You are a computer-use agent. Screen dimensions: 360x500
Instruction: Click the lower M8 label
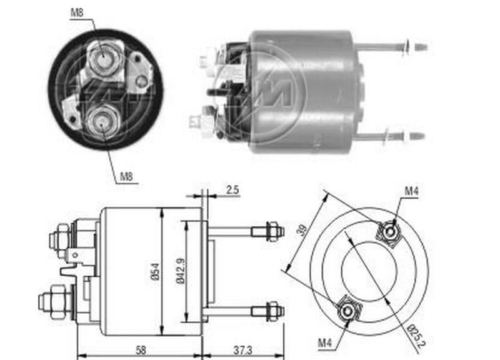click(x=127, y=177)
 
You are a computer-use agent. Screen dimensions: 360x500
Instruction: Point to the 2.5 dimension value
click(x=232, y=188)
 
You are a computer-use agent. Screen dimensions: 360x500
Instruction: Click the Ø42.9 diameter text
click(x=180, y=272)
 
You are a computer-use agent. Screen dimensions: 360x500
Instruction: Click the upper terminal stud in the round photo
click(x=101, y=58)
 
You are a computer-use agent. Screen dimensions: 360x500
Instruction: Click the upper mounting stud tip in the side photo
click(x=420, y=46)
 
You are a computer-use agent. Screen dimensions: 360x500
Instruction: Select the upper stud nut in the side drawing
click(x=272, y=231)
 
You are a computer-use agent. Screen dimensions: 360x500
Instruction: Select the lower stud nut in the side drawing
click(x=272, y=309)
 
